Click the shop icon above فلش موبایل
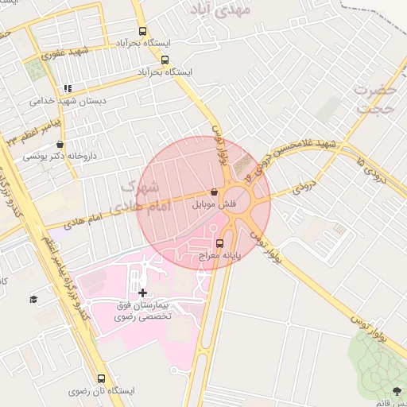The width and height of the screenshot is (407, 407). pos(214,192)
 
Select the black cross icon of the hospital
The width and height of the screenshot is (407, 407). pos(142,293)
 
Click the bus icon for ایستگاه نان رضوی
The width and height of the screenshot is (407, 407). pos(100,379)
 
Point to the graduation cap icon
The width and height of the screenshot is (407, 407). pos(33,299)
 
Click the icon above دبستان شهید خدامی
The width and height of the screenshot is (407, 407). pos(68,89)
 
